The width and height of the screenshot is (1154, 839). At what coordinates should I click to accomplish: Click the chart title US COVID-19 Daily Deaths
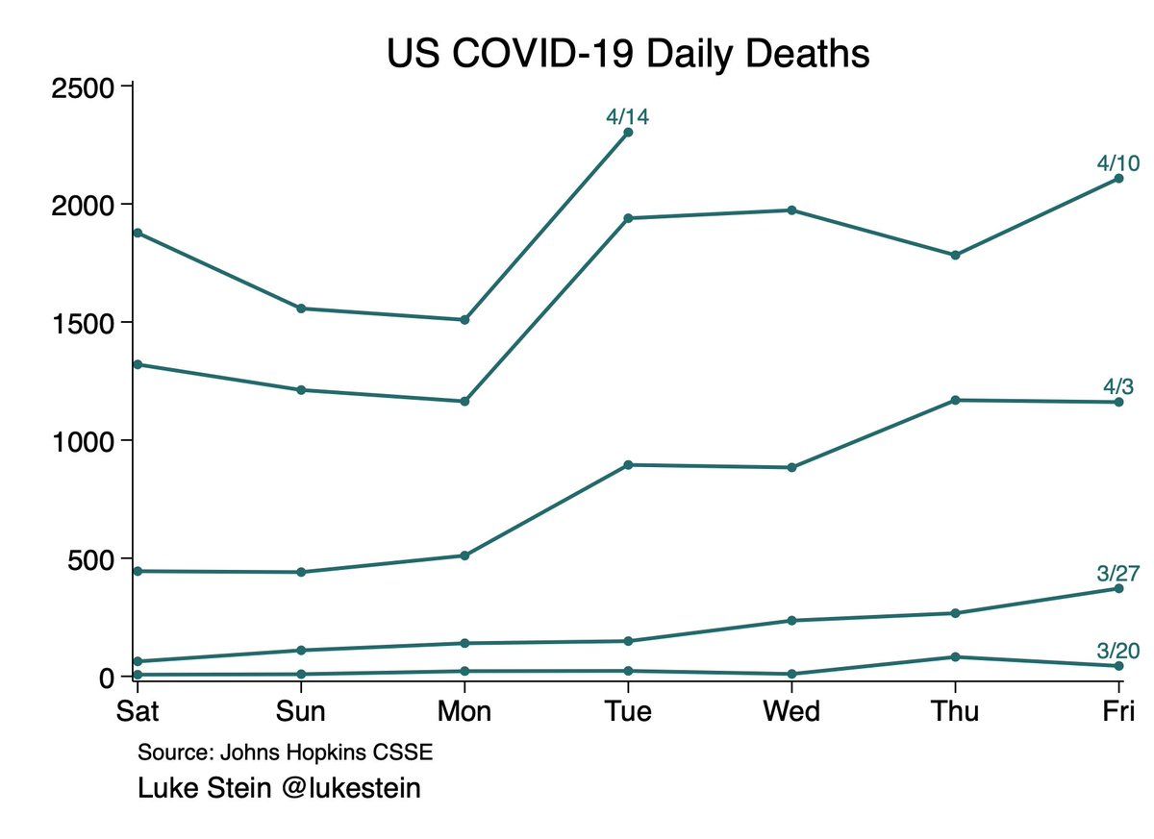pyautogui.click(x=627, y=54)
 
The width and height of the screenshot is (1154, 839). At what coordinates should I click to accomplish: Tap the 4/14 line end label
pyautogui.click(x=627, y=117)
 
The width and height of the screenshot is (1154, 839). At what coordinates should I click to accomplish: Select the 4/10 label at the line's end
pyautogui.click(x=1118, y=163)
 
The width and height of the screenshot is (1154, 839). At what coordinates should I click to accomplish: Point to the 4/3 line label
pyautogui.click(x=1118, y=387)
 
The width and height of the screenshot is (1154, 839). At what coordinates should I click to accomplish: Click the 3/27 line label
pyautogui.click(x=1118, y=574)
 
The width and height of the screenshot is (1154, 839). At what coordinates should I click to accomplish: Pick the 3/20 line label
pyautogui.click(x=1118, y=652)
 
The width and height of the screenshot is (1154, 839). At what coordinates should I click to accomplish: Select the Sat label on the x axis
pyautogui.click(x=138, y=711)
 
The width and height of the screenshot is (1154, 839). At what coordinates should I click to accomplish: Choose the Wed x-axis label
pyautogui.click(x=791, y=711)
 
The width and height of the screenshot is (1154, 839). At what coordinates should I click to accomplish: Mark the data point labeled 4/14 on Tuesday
pyautogui.click(x=628, y=133)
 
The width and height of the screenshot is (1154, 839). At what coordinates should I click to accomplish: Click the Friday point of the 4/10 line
pyautogui.click(x=1118, y=179)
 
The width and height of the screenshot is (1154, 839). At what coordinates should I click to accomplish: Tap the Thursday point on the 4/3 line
pyautogui.click(x=955, y=400)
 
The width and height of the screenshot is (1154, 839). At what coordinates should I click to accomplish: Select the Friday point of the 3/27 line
pyautogui.click(x=1118, y=588)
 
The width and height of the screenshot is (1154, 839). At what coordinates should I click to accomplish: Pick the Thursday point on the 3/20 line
pyautogui.click(x=955, y=656)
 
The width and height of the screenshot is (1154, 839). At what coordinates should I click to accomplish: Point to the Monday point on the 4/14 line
pyautogui.click(x=464, y=319)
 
